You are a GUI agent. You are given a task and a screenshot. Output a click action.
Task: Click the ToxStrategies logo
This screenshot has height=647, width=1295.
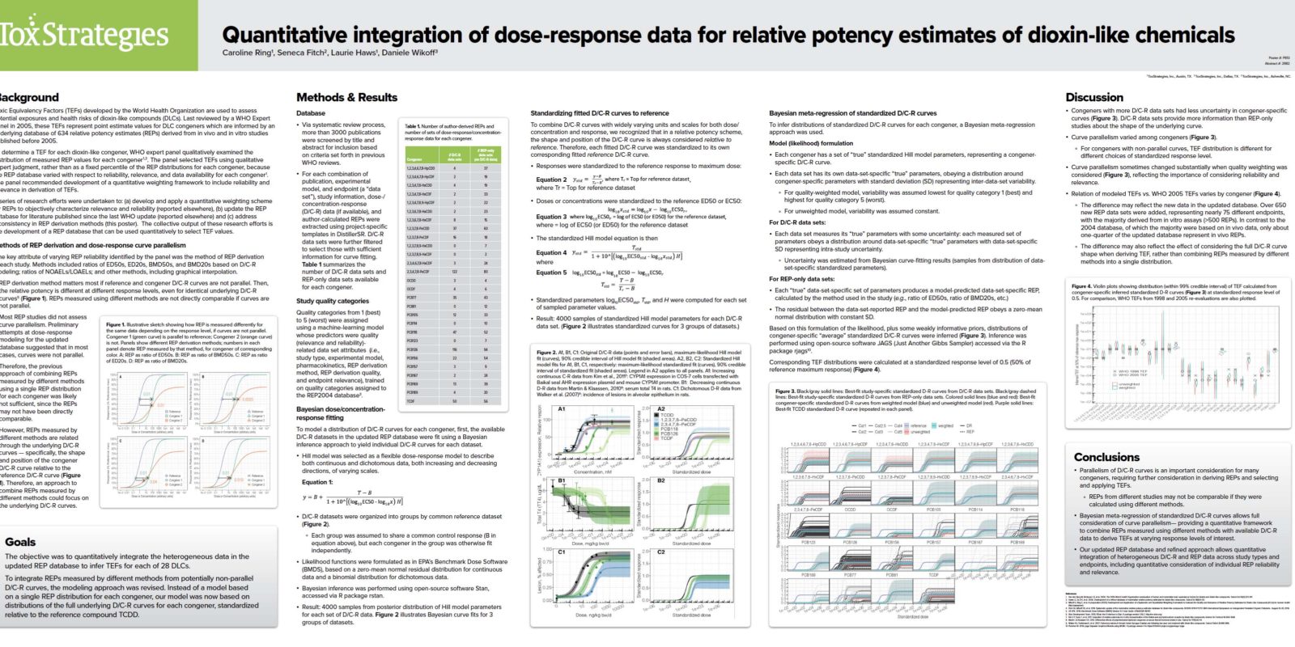pos(84,35)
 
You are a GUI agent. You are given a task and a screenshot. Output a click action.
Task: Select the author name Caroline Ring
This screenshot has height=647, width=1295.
pos(246,53)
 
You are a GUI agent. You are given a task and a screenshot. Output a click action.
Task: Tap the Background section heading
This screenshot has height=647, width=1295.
pos(29,97)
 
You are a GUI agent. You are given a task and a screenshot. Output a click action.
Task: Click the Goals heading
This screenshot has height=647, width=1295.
pos(20,542)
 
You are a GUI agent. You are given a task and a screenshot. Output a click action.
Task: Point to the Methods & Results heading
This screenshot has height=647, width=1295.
pos(346,97)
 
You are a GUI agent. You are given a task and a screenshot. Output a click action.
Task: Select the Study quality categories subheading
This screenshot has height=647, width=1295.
pos(332,301)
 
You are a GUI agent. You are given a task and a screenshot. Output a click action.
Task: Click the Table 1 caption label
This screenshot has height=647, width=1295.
pos(413,126)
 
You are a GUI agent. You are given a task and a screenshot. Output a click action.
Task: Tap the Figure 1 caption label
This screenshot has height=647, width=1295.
pos(115,324)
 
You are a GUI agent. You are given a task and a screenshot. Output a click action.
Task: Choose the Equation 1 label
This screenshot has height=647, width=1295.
pos(316,482)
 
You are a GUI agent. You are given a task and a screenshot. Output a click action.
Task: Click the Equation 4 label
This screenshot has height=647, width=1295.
pos(550,252)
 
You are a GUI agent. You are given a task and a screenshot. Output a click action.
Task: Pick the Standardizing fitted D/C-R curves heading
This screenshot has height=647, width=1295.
pos(599,113)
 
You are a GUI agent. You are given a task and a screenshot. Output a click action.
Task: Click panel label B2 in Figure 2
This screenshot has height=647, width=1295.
pos(661,480)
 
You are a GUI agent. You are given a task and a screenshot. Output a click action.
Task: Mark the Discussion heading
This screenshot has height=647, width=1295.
pos(1094,97)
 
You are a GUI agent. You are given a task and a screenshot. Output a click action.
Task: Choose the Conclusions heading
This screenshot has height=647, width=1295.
pos(1106,457)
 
